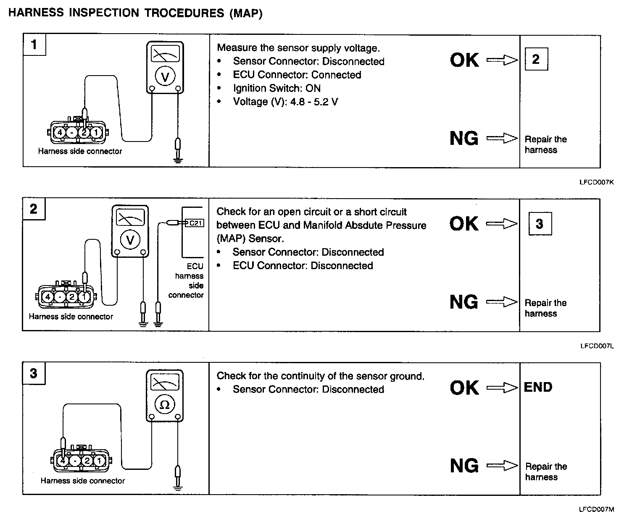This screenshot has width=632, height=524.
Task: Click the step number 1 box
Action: (x=34, y=44)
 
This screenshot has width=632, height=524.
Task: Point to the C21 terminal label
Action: (x=196, y=223)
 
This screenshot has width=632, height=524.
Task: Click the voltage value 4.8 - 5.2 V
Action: (x=314, y=102)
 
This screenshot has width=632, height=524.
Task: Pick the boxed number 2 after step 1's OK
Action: (x=536, y=59)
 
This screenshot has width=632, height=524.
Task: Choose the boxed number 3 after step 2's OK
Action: (x=540, y=223)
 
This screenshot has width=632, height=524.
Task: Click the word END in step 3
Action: (x=538, y=387)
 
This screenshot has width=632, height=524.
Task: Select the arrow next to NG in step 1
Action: (x=502, y=138)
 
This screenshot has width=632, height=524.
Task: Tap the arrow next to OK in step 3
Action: (x=502, y=388)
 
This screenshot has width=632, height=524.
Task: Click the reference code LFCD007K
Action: (x=597, y=183)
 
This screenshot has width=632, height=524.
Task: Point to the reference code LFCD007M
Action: (x=597, y=510)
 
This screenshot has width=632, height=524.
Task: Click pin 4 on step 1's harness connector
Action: (x=60, y=133)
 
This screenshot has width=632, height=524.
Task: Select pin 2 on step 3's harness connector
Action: (x=87, y=461)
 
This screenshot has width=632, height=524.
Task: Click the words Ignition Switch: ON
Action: (x=276, y=88)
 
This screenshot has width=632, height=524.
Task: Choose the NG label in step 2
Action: (x=463, y=302)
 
